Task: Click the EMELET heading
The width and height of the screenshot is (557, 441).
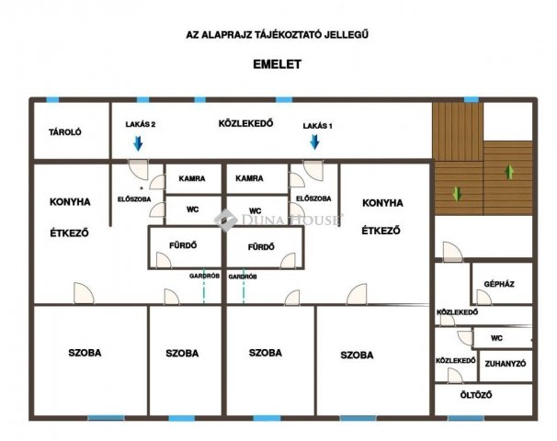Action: pos(278,64)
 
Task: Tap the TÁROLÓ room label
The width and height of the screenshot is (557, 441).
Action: pos(65,132)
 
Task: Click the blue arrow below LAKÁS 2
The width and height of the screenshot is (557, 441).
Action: pos(138,142)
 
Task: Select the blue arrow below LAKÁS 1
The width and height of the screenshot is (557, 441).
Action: pos(314,141)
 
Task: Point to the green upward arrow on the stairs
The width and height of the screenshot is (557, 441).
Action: pos(509,171)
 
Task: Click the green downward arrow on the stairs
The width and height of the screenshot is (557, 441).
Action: pos(456,193)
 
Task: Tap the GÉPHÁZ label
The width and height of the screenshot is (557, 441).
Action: pos(499,285)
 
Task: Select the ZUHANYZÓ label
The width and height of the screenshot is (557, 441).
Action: pos(504,364)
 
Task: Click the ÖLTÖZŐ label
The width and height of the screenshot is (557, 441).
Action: pos(476,395)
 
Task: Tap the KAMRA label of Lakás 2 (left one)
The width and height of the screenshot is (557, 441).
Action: pos(192,179)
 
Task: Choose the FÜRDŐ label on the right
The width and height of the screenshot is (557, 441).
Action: pos(262,247)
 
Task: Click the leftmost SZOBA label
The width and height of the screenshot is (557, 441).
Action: pos(85,353)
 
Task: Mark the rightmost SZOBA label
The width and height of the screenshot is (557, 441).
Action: pos(357,355)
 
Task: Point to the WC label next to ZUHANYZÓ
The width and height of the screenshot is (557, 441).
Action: pos(496,338)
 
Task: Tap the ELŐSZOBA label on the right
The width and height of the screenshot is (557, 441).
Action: pos(313,198)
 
